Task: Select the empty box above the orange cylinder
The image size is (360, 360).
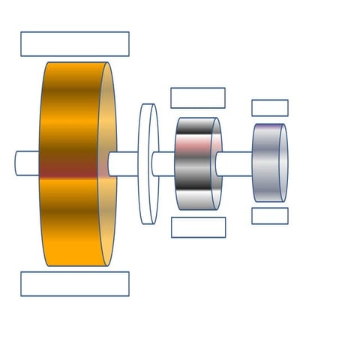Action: tap(75, 44)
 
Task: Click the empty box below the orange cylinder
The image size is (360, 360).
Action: tap(75, 283)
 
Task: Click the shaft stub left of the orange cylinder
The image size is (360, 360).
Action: tap(28, 163)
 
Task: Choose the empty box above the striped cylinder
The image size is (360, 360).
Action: tap(198, 98)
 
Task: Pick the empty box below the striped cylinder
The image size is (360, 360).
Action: tap(198, 227)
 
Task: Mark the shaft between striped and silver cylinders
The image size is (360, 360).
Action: tap(237, 163)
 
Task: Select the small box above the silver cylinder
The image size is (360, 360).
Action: tap(270, 108)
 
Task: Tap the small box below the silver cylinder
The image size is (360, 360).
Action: tap(270, 216)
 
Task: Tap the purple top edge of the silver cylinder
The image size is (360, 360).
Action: tap(267, 126)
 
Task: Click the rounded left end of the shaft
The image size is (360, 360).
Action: tap(18, 163)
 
